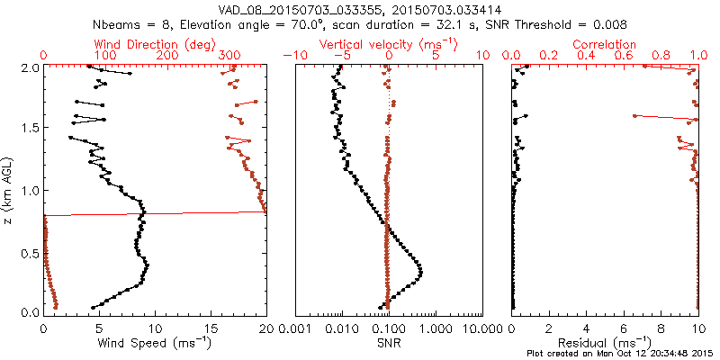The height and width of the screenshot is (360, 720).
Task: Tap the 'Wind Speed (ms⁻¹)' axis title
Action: (155, 343)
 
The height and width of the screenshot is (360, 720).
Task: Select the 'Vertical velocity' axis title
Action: (389, 43)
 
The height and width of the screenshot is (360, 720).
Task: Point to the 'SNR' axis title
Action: (389, 343)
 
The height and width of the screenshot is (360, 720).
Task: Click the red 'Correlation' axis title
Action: (606, 43)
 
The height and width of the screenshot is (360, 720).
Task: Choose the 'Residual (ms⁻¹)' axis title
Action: (606, 343)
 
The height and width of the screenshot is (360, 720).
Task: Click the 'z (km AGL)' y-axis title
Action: (8, 190)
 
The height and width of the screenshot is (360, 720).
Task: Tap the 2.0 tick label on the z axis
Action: (30, 67)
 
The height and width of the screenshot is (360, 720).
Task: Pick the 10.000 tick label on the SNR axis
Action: (484, 328)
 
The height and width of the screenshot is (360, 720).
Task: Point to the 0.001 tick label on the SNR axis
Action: (294, 328)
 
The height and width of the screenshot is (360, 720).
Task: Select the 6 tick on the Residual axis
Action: (624, 328)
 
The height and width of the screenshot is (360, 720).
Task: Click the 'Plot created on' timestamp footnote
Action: (622, 353)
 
